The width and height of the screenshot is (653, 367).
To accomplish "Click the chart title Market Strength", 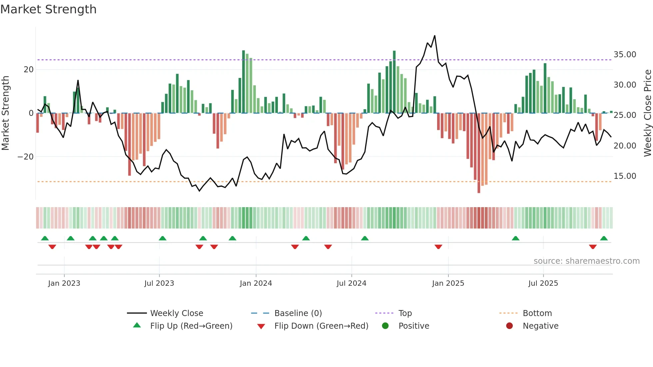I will (48, 9).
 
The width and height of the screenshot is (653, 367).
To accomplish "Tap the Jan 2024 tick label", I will (256, 283).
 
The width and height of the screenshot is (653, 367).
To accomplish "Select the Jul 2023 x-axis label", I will (159, 283).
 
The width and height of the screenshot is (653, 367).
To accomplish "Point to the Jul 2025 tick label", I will (543, 283).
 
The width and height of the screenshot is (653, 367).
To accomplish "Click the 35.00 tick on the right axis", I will (625, 55).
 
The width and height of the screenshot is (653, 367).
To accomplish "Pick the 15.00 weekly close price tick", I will (625, 176).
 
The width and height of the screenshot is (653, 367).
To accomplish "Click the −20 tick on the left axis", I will (26, 157).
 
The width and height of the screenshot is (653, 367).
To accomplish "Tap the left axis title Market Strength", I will (6, 113).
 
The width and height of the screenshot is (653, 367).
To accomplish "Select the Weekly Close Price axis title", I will (647, 113).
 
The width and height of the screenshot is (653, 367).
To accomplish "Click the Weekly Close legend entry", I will (176, 313).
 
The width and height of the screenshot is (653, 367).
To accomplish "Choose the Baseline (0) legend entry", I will (298, 313).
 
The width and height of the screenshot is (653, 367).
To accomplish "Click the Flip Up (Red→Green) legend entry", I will (191, 326).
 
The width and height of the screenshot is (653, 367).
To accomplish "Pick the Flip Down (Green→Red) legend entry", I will (321, 326).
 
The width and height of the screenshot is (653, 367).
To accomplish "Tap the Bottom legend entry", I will (537, 313).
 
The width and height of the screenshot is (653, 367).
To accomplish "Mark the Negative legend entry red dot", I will (509, 326).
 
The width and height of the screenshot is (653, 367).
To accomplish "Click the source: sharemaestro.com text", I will (586, 261).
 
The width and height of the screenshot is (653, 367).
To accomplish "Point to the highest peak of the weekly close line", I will (434, 36).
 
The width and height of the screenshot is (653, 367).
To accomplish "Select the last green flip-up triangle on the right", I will (604, 238).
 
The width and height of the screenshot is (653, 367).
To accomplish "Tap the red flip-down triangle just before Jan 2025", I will (438, 247).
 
